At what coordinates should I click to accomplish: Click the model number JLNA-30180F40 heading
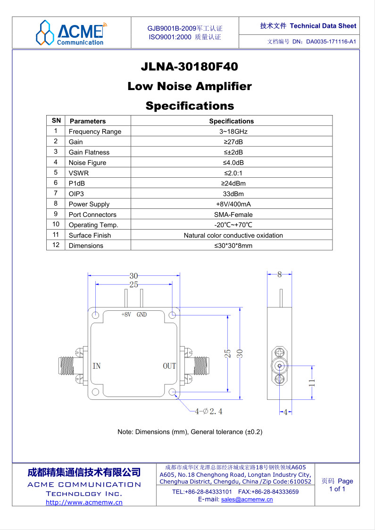[x=189, y=66]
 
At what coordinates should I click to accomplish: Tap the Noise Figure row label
[x=87, y=163]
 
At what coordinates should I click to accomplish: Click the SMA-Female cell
[x=233, y=215]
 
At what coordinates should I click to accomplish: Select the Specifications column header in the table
[x=231, y=121]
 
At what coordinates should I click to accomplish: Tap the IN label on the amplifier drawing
[x=97, y=366]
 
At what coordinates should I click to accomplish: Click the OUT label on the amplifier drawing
[x=169, y=366]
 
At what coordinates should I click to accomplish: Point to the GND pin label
[x=142, y=315]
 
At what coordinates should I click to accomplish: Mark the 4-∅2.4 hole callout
[x=208, y=411]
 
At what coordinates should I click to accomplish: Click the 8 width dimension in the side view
[x=280, y=275]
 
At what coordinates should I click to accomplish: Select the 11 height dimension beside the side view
[x=312, y=382]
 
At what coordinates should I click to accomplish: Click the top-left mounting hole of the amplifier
[x=96, y=315]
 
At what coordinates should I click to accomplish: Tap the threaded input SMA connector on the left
[x=67, y=366]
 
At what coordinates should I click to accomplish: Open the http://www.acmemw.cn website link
[x=84, y=502]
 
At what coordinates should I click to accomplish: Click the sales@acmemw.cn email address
[x=247, y=499]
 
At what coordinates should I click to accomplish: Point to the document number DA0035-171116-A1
[x=331, y=42]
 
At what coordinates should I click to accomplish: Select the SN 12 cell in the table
[x=56, y=245]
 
